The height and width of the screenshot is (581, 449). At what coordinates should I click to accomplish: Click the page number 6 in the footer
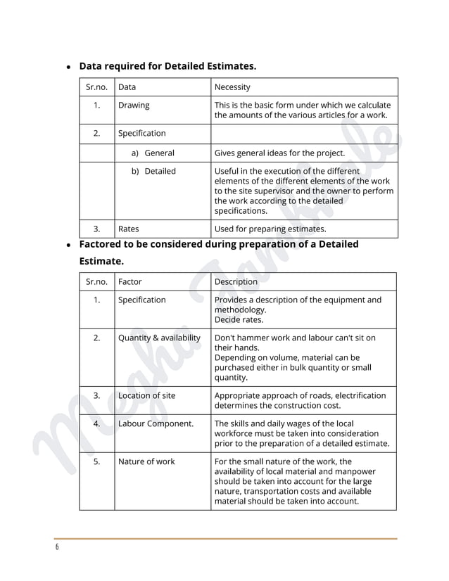point(56,548)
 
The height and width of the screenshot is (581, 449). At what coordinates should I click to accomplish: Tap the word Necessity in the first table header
point(232,87)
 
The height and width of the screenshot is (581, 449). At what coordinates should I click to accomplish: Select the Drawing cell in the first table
point(134,106)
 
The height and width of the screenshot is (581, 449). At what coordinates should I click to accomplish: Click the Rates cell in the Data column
point(129,229)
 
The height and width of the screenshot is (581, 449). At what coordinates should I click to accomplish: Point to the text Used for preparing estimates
point(270,229)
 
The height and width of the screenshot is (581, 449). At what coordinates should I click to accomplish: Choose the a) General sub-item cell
point(153,153)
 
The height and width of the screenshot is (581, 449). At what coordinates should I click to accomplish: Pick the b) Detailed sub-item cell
point(153,171)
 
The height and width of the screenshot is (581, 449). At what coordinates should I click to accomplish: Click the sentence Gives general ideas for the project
point(279,153)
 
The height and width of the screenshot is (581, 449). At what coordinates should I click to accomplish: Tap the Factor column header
point(130,281)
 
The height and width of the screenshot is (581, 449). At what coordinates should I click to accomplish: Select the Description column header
point(236,281)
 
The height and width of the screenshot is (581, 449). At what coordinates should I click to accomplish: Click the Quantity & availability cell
point(159,338)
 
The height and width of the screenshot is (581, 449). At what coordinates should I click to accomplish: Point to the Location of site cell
point(147,395)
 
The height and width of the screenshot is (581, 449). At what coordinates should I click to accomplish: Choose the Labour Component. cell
point(156,423)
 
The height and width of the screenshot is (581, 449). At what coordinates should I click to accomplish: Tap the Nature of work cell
point(146,461)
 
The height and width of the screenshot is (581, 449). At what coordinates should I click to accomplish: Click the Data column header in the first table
point(127,87)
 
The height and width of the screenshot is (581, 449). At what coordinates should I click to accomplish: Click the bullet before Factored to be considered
point(68,245)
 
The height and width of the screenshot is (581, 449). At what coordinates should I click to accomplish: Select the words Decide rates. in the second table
point(239,319)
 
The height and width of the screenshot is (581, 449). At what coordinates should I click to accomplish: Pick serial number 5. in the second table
point(97,461)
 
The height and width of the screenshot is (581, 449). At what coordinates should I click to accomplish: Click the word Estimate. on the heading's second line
point(101,261)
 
